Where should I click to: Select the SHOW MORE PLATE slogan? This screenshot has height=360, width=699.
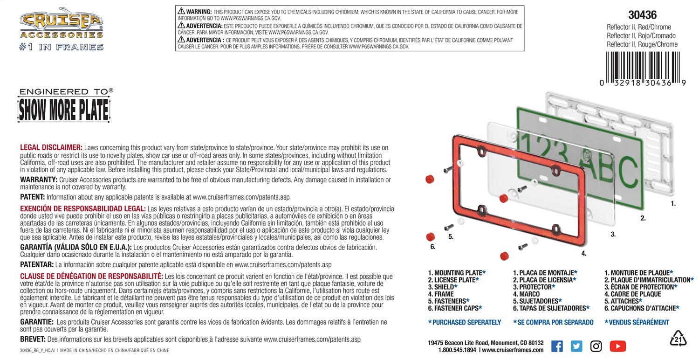(63, 110)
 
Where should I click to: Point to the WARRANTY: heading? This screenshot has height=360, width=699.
(39, 180)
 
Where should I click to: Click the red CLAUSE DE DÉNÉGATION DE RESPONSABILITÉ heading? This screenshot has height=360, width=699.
(91, 276)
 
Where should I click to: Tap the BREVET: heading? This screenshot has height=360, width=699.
(33, 339)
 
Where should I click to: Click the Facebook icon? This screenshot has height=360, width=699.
(557, 346)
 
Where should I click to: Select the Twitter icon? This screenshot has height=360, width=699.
(576, 346)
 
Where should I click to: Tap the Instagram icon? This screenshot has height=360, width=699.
(596, 346)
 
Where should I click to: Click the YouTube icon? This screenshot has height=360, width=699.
(617, 346)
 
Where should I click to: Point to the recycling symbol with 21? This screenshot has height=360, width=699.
(678, 339)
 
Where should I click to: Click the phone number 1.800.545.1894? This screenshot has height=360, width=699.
(457, 350)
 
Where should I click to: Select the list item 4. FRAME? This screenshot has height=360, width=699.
(441, 294)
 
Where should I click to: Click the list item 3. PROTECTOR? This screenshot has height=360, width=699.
(536, 287)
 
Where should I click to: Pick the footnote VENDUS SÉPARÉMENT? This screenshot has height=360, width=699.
(638, 322)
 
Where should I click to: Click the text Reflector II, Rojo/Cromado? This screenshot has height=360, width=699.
(641, 36)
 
